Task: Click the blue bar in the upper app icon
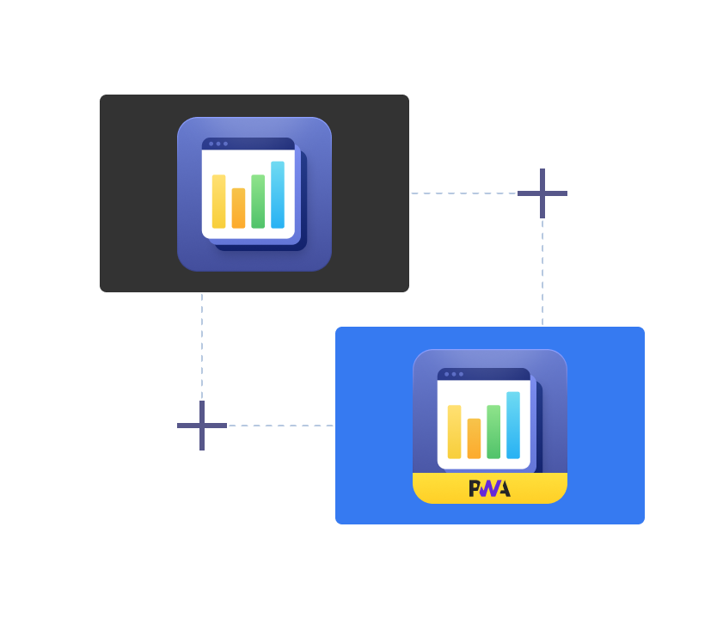pos(278,195)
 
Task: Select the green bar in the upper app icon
pos(258,201)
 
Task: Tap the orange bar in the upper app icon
pos(238,208)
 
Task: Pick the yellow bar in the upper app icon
pos(218,201)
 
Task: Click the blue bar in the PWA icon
pos(513,426)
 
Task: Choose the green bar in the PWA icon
pos(493,432)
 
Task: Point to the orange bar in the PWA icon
pos(474,438)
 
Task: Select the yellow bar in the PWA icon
pos(454,432)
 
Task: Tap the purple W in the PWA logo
pos(489,488)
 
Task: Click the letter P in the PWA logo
pos(475,488)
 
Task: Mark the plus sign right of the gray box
pos(542,193)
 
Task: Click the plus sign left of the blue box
pos(202,426)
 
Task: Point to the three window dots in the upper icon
pos(218,144)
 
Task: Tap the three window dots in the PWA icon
pos(454,374)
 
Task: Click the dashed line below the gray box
pos(202,344)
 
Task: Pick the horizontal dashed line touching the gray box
pos(464,193)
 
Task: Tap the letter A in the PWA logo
pos(504,488)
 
